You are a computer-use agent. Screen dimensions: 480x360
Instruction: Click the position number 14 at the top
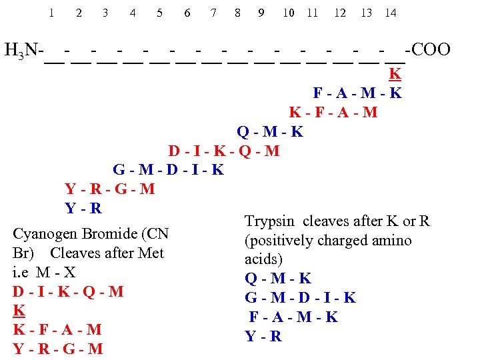point(391,13)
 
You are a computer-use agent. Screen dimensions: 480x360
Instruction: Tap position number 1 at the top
point(51,13)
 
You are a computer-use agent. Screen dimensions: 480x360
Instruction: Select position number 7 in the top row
point(213,13)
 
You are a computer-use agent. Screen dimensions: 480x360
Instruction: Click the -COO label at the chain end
point(431,49)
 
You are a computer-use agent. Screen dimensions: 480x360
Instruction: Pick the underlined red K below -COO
point(395,74)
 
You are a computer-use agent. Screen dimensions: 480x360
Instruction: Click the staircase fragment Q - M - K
point(270,131)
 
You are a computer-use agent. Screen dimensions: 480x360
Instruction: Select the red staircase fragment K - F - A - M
point(333,112)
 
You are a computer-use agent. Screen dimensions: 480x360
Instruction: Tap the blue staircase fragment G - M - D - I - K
point(169,170)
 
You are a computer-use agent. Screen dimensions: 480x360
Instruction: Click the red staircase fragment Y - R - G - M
point(110,189)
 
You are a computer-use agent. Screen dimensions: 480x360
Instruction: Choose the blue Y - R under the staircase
point(83,209)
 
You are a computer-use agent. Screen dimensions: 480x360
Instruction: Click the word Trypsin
point(266,221)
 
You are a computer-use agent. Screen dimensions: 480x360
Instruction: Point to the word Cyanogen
point(45,234)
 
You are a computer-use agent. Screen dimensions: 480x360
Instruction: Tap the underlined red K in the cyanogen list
point(19,311)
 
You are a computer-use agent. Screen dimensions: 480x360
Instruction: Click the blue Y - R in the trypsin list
point(263,337)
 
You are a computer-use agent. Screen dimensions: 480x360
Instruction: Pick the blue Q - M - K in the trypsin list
point(278,279)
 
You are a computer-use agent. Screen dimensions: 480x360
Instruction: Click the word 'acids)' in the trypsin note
point(264,259)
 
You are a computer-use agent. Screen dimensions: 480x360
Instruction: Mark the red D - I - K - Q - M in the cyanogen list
point(68,292)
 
